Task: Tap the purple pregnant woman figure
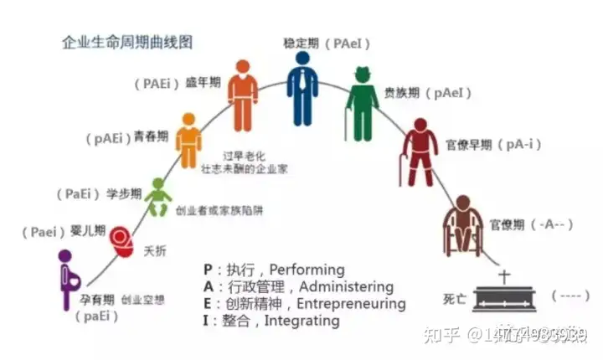(66, 280)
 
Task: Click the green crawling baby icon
(157, 198)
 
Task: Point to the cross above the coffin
(504, 275)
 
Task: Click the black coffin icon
(504, 299)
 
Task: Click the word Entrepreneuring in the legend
(351, 303)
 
